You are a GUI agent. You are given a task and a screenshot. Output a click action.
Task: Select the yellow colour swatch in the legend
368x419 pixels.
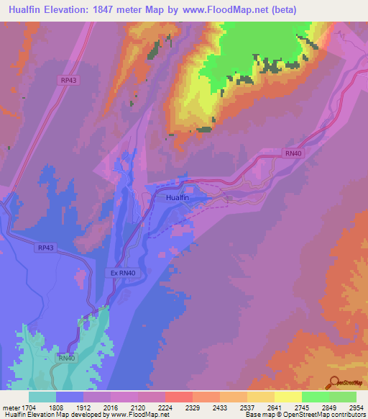tap(287, 397)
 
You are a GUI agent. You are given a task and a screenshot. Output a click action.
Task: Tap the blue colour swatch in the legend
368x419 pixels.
tap(70, 397)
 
